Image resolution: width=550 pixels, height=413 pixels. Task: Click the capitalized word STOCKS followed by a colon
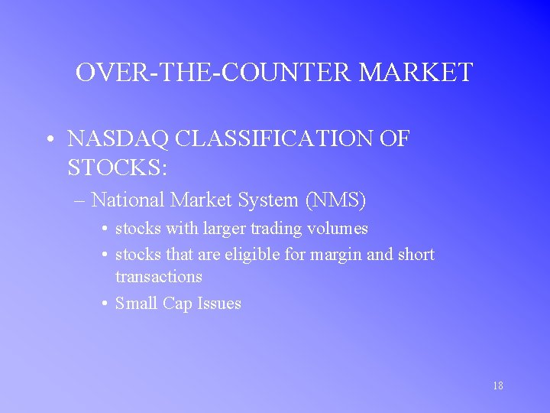(x=117, y=166)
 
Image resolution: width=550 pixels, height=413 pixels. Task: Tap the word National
(x=128, y=200)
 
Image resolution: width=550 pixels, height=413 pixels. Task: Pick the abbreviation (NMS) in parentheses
(x=336, y=200)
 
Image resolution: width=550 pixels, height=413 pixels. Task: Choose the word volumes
(x=338, y=229)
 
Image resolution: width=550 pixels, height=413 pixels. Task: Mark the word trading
(x=277, y=229)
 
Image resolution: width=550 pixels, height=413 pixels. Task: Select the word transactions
(x=159, y=276)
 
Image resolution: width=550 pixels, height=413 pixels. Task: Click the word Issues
(x=219, y=304)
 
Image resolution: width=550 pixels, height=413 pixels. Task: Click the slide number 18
(x=497, y=386)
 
